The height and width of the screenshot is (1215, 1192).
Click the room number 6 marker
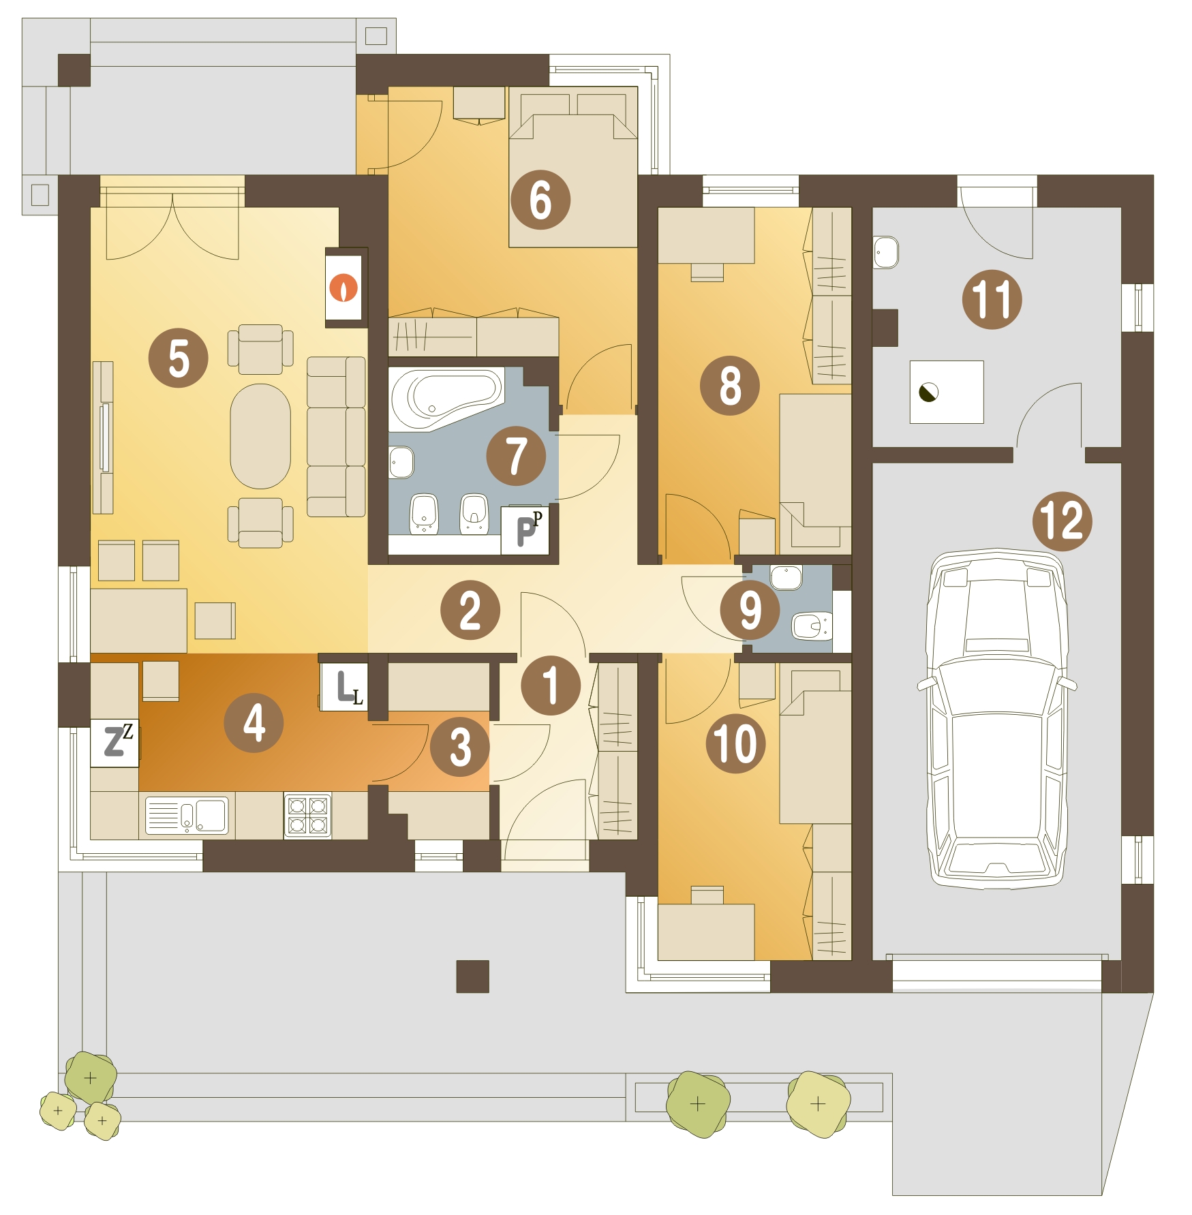[540, 200]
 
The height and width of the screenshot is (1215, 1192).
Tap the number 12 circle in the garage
[1062, 521]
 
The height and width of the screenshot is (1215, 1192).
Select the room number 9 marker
[750, 610]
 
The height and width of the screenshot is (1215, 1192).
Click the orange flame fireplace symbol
[343, 288]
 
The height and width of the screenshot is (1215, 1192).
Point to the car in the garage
[997, 719]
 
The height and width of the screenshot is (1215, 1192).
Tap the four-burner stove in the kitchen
[307, 815]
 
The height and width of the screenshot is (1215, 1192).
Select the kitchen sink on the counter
[187, 816]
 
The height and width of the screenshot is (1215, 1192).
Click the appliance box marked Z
[114, 743]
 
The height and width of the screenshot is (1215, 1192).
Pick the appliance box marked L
[344, 687]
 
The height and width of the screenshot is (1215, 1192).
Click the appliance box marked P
[525, 530]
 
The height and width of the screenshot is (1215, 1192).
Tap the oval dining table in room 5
[260, 436]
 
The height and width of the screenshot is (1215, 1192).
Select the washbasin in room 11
[886, 252]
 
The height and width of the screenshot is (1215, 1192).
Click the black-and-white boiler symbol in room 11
[928, 393]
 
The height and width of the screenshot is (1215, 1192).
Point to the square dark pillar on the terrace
[473, 976]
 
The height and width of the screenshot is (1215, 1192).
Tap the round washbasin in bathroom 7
[401, 463]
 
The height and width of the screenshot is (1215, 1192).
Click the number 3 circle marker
[460, 746]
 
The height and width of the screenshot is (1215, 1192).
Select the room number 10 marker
[735, 743]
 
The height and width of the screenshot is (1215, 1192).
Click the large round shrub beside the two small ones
[90, 1077]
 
